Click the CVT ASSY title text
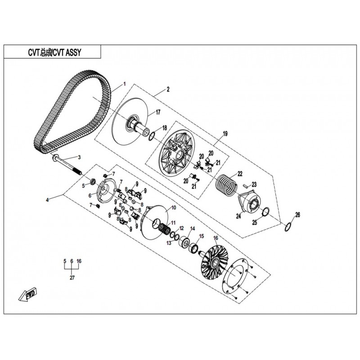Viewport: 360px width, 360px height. pyautogui.click(x=54, y=53)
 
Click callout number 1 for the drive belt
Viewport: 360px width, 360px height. pyautogui.click(x=125, y=84)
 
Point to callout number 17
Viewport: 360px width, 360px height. pyautogui.click(x=158, y=112)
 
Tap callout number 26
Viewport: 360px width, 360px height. pyautogui.click(x=297, y=215)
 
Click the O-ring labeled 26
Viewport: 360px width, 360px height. pyautogui.click(x=288, y=227)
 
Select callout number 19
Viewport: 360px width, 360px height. pyautogui.click(x=225, y=134)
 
